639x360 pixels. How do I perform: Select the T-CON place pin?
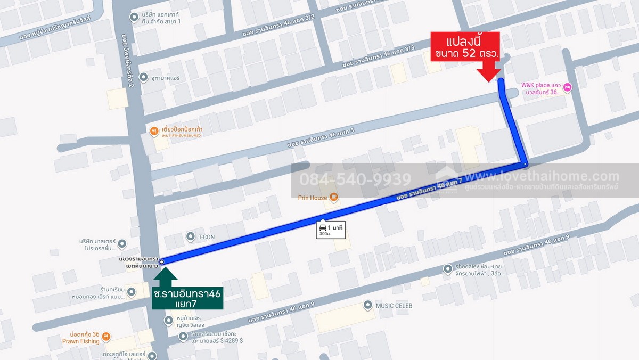[x=191, y=236]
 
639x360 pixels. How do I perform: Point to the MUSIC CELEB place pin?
[x=367, y=305]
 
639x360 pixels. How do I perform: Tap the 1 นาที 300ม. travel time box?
[x=331, y=230]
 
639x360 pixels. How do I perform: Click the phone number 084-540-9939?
[x=355, y=179]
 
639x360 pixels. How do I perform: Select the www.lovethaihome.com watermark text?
[x=542, y=176]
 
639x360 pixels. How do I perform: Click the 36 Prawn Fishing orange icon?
[x=106, y=337]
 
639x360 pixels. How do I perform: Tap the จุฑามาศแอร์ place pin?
[x=143, y=78]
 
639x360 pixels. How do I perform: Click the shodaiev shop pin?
[x=446, y=269]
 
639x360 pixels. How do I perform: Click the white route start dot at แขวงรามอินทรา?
[x=161, y=261]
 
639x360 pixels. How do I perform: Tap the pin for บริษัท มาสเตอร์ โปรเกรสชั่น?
[x=122, y=244]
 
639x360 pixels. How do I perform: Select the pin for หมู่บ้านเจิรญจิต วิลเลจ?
[x=168, y=320]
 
